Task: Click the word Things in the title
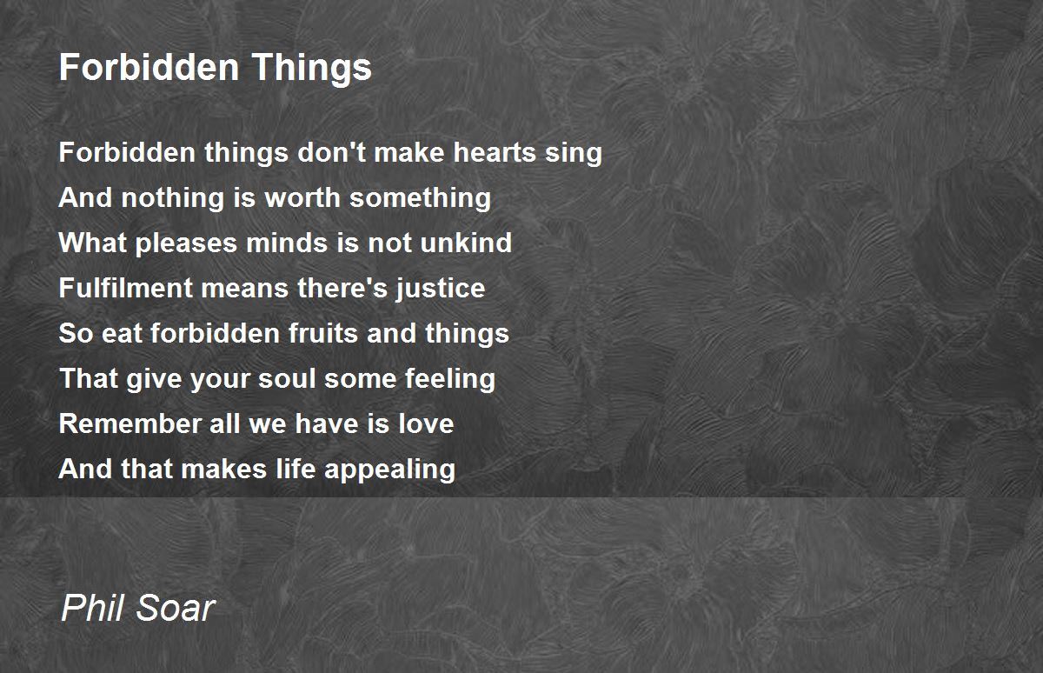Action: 311,69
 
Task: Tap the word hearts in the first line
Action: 495,152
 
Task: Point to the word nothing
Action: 173,199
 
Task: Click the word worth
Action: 302,197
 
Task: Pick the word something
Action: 420,199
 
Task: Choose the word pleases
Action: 186,244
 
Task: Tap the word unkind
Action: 466,243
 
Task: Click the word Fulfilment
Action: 126,287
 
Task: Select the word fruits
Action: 323,333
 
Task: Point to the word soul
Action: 288,378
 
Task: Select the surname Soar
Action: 176,608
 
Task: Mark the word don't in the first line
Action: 331,152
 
